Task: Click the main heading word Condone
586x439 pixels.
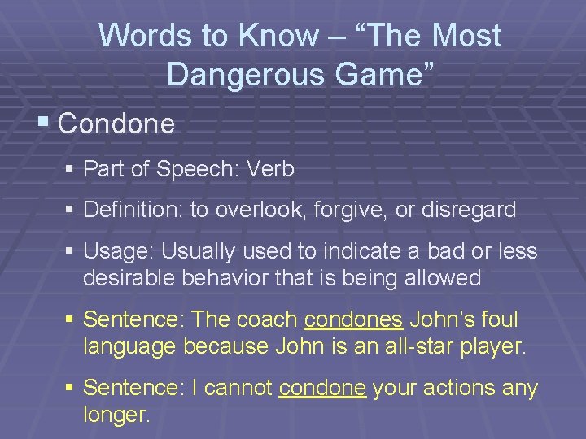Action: pyautogui.click(x=116, y=124)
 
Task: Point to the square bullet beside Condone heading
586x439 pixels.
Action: pyautogui.click(x=43, y=123)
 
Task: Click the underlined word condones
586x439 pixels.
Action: pyautogui.click(x=357, y=320)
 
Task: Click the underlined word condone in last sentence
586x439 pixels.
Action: pyautogui.click(x=321, y=389)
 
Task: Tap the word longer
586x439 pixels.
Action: pyautogui.click(x=116, y=415)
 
